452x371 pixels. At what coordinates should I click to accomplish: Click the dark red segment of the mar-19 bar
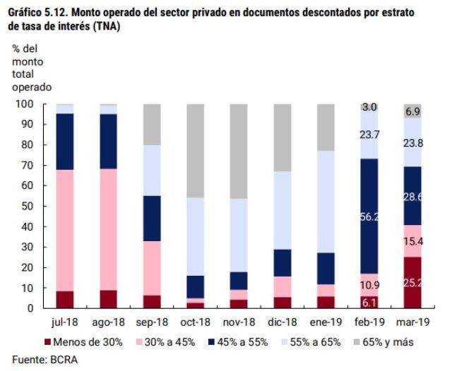413,283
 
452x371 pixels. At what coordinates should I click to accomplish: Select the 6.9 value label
413,111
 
